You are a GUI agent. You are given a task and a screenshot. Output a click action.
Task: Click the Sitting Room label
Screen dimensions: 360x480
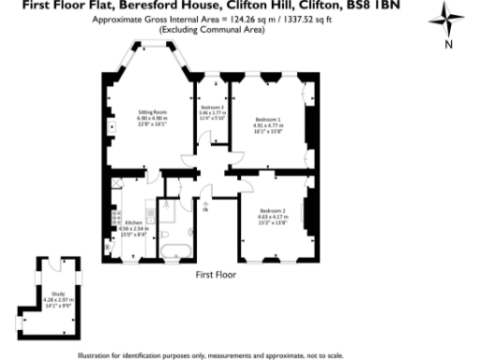click(x=152, y=113)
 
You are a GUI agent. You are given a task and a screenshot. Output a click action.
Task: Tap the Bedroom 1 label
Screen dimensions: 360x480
click(x=269, y=119)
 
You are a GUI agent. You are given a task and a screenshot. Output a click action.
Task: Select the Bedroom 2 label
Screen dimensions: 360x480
click(x=273, y=210)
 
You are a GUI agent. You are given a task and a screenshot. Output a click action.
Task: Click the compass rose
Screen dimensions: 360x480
click(x=448, y=21)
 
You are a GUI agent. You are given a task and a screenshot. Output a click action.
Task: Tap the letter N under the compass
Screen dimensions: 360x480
click(x=449, y=44)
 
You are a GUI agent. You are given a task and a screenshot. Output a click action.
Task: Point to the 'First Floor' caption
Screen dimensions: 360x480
click(x=216, y=276)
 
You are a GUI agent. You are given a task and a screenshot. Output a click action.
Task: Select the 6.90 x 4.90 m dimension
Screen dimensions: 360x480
click(x=152, y=119)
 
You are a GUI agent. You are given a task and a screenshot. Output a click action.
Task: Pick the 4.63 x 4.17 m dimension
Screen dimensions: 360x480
click(x=273, y=216)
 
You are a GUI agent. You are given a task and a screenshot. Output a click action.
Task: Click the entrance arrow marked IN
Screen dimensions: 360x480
click(x=207, y=200)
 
